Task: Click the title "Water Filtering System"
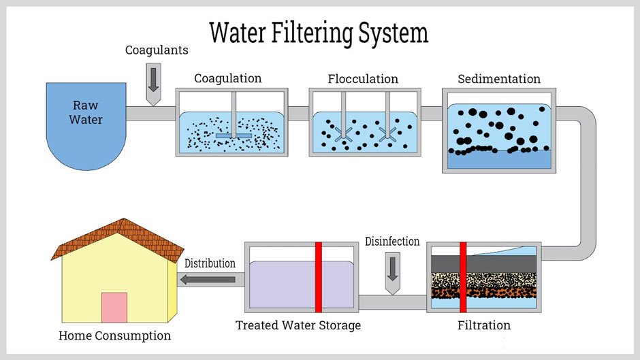pos(319,33)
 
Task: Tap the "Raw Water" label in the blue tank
pos(86,112)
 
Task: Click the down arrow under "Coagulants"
pos(153,80)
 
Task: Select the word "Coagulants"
pos(157,50)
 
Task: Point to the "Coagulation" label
pos(227,79)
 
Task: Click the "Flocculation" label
pos(363,79)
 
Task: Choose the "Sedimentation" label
pos(499,79)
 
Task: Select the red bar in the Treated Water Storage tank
pos(318,276)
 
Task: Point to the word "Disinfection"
pos(392,242)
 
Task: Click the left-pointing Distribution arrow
pos(207,278)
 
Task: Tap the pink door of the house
pos(114,308)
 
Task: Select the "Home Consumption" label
pos(114,336)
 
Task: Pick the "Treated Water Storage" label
pos(298,325)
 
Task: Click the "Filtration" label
pos(483,325)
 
